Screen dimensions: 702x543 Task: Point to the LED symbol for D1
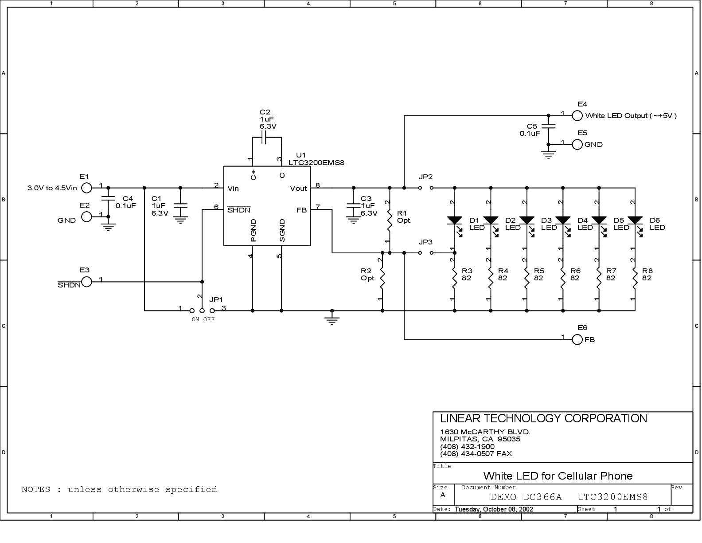455,225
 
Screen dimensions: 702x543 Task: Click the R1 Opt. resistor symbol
390,221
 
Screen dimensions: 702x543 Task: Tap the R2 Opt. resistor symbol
382,279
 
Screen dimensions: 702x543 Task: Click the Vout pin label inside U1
298,189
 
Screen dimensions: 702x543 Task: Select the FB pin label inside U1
302,210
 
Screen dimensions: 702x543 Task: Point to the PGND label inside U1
253,230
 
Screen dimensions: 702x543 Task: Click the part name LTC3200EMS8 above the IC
316,163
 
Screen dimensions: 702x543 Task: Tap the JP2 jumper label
425,177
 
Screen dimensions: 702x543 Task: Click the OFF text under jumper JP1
209,319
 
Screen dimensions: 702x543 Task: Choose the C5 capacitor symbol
549,126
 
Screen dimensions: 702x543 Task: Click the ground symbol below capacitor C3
354,220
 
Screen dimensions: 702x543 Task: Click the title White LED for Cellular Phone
558,476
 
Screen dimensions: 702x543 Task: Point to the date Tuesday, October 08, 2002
494,509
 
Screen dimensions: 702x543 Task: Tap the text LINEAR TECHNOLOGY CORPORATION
543,418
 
